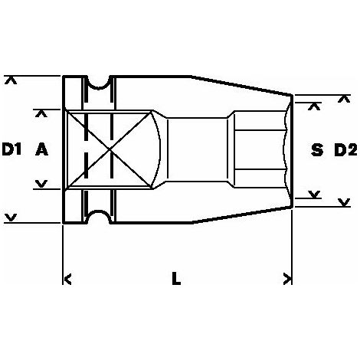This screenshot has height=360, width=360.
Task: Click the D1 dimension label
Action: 12,149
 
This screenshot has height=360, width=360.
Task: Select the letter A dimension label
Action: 41,149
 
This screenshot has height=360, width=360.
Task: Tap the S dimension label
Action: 317,150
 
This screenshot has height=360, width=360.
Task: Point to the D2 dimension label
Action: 345,150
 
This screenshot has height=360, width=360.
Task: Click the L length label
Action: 176,278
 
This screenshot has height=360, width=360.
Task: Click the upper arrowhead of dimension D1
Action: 11,80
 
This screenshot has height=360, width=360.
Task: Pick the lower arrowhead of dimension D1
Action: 11,218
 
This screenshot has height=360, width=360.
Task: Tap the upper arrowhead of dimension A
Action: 41,113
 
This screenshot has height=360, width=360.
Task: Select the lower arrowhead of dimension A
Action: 41,184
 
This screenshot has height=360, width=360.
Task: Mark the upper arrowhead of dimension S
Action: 314,106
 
